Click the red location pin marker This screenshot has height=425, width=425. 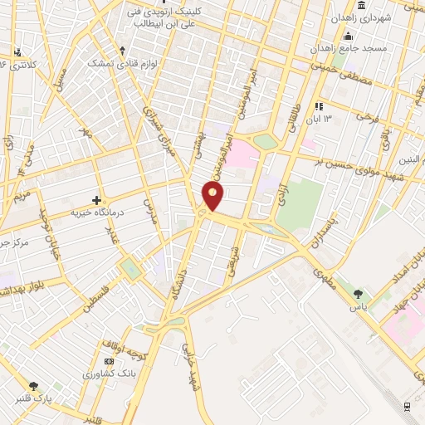213,195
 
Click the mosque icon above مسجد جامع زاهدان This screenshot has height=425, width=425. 347,36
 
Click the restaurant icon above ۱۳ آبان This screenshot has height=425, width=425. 318,106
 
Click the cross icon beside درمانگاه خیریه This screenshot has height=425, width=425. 97,200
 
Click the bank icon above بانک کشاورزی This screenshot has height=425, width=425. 109,363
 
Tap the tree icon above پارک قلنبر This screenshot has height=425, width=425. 34,386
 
